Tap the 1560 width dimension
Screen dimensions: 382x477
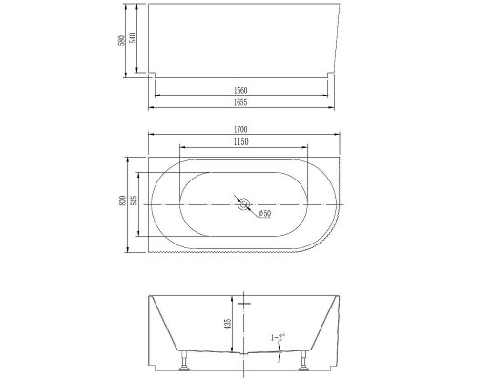pos(240,89)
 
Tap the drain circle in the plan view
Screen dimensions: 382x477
pos(243,204)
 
